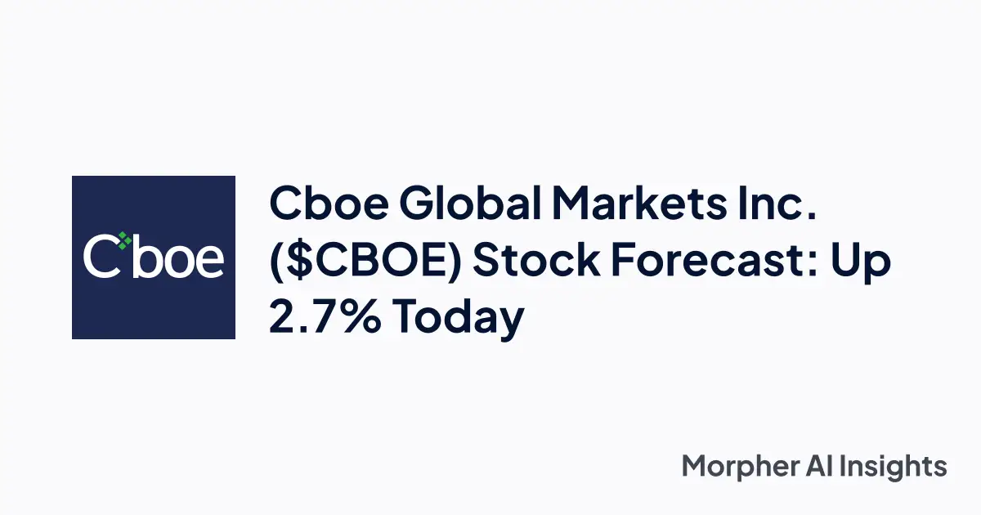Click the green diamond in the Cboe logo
tap(123, 240)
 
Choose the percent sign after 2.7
tap(361, 317)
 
